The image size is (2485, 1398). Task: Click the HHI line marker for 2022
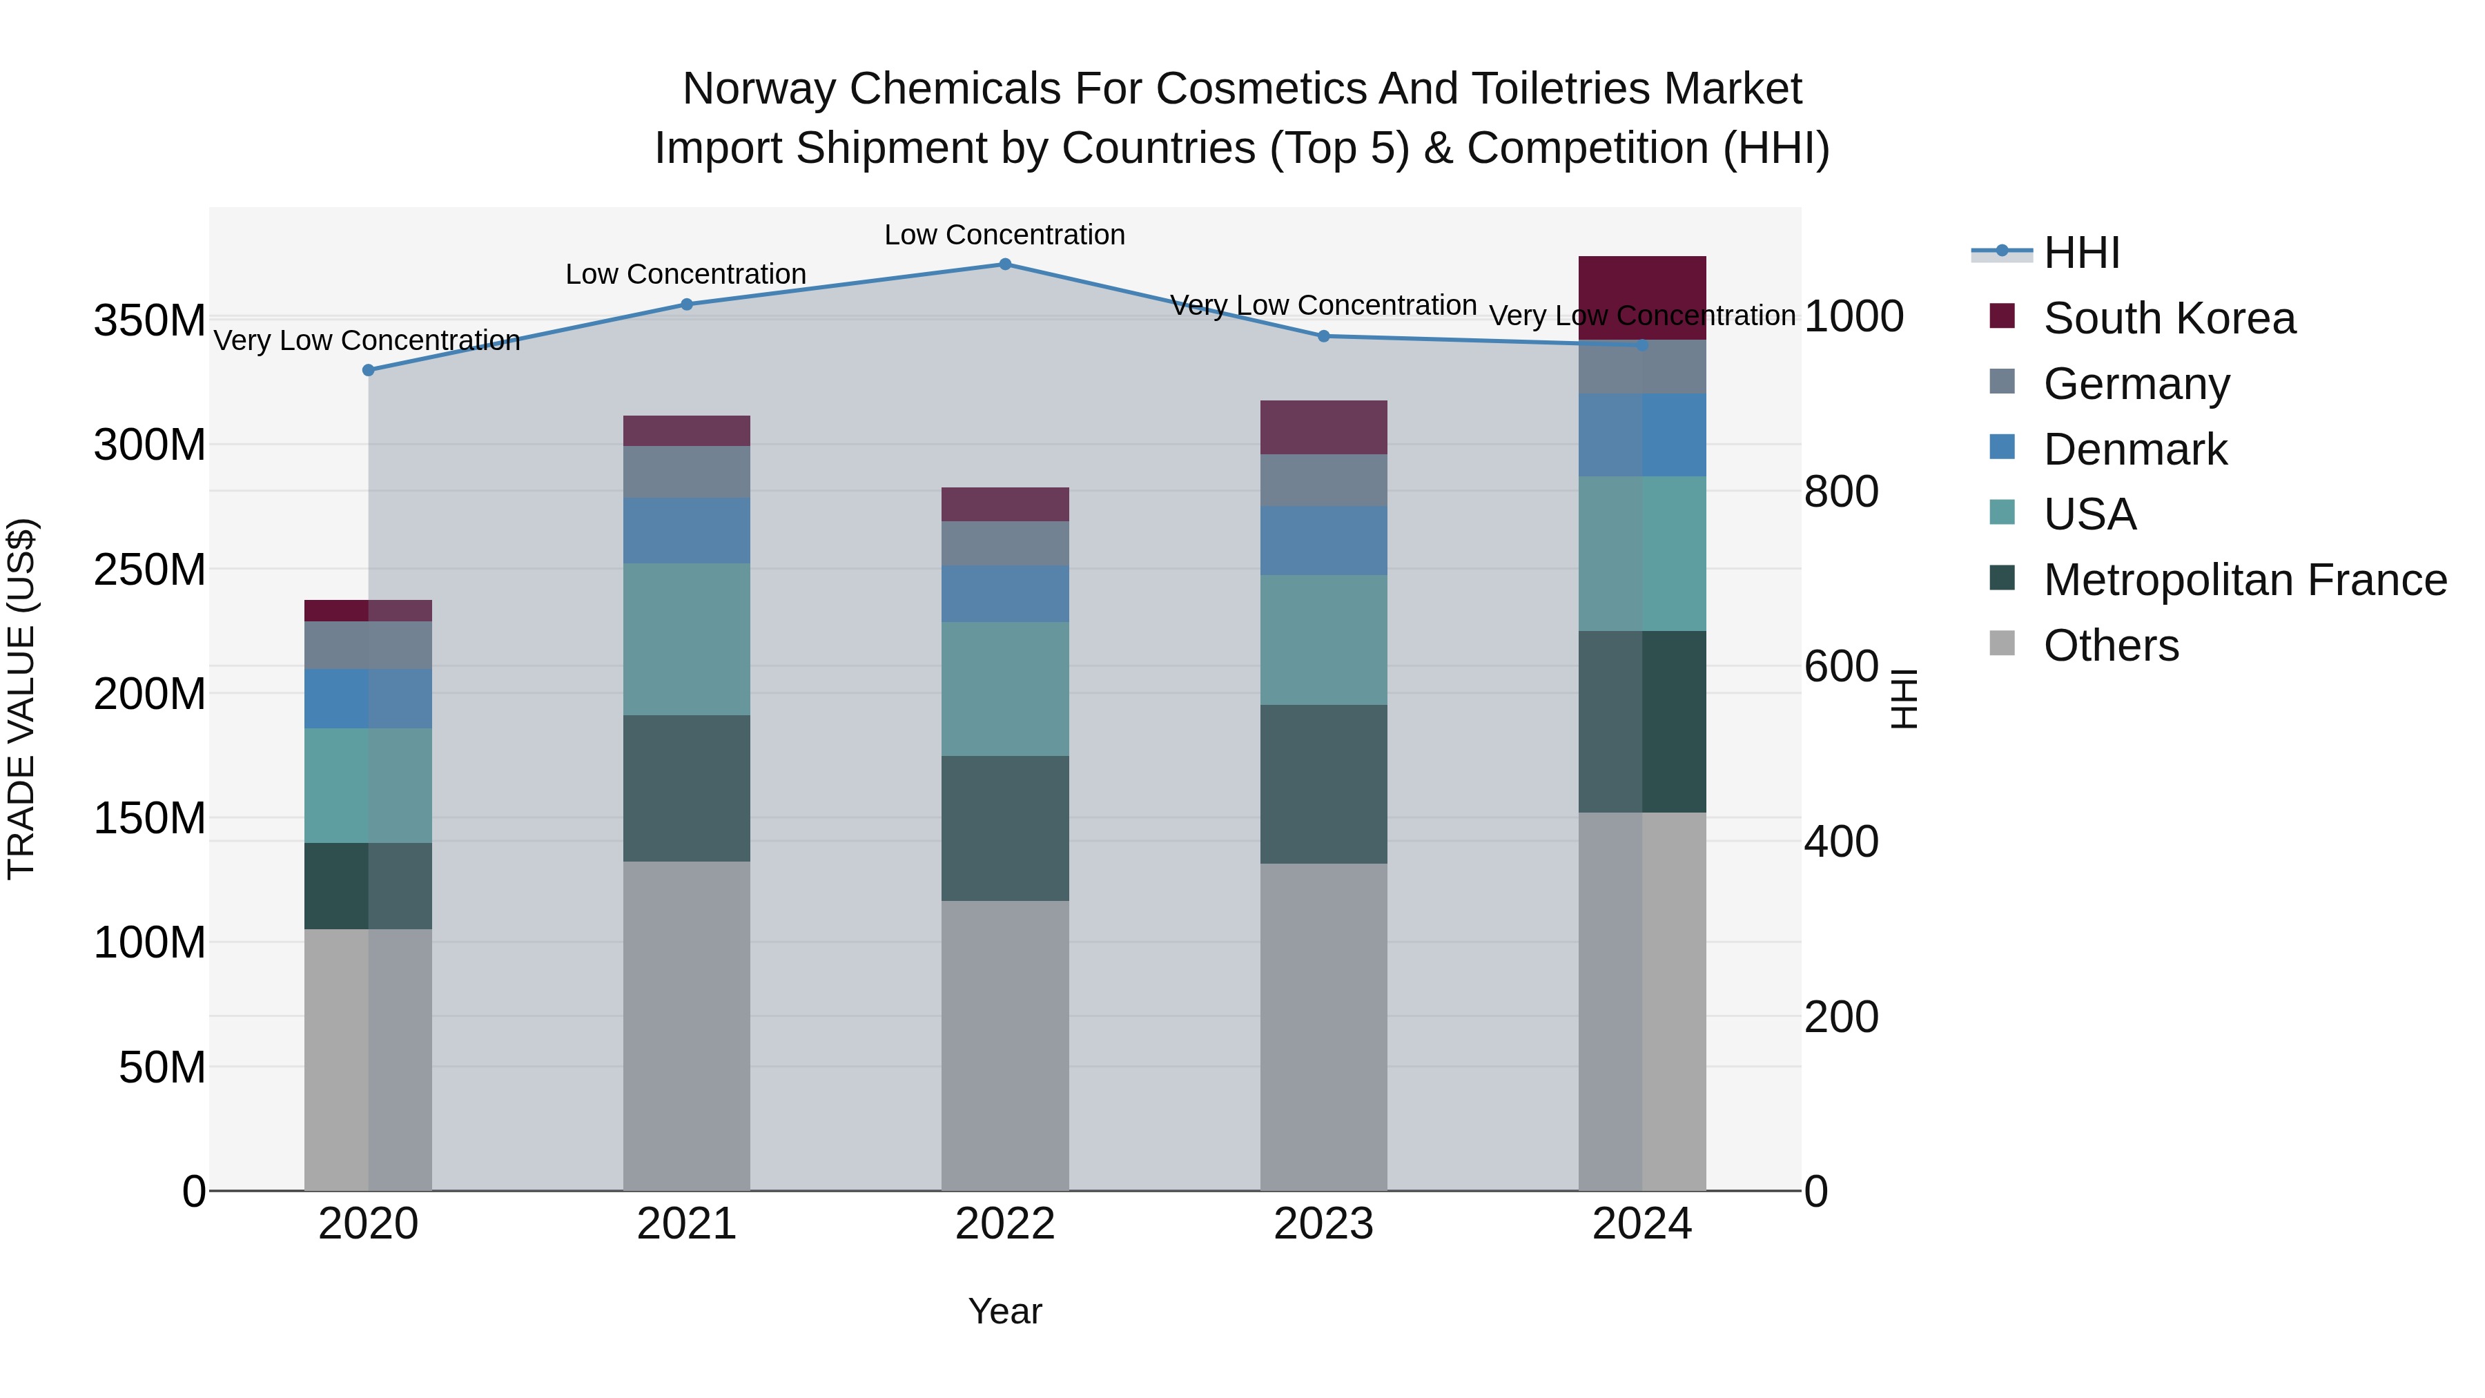(x=1004, y=264)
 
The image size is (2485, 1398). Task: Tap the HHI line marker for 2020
(x=369, y=371)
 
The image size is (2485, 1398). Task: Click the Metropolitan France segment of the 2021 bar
(x=686, y=788)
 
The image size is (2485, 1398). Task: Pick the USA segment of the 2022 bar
(x=1004, y=689)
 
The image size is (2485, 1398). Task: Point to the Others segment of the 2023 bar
(x=1323, y=1027)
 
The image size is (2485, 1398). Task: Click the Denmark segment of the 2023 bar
(x=1323, y=541)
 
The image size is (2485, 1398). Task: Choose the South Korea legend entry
(x=2169, y=318)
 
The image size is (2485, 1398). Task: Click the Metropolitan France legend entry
(x=2245, y=580)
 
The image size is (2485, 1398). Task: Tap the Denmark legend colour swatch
(x=2002, y=447)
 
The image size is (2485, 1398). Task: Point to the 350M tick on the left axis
(x=150, y=320)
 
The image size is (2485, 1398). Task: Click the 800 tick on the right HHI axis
(x=1840, y=492)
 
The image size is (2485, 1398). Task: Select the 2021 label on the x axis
(x=686, y=1224)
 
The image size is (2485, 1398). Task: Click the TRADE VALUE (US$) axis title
(x=21, y=699)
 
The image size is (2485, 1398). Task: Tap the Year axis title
(x=1004, y=1311)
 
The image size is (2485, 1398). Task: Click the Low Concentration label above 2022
(x=1004, y=235)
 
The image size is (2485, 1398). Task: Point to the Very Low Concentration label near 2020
(x=367, y=340)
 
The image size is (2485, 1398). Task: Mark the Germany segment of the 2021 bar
(x=686, y=472)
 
